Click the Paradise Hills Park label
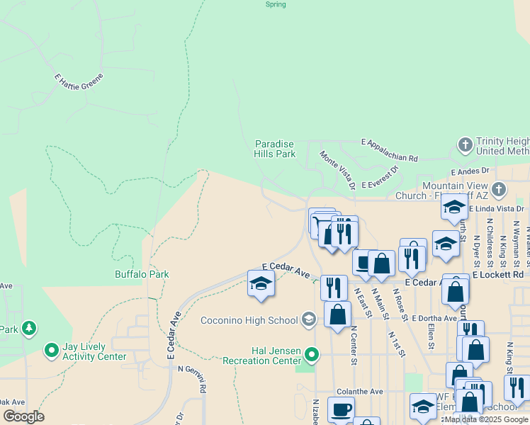tap(275, 149)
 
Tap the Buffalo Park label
tap(142, 274)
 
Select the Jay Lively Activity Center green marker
tap(51, 350)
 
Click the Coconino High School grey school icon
tap(308, 320)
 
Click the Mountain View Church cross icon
tap(499, 189)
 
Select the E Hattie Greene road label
tap(79, 81)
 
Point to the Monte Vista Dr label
tap(337, 170)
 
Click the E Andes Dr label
tap(470, 171)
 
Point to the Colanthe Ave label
tap(359, 391)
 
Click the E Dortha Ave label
tap(433, 319)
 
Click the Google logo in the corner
tap(23, 416)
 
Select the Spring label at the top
tap(276, 4)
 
